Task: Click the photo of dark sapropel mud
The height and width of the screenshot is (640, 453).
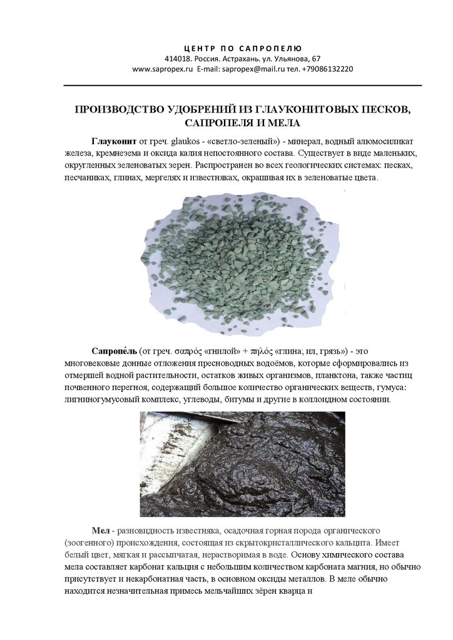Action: [x=242, y=463]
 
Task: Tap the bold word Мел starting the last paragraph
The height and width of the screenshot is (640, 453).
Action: [x=100, y=530]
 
